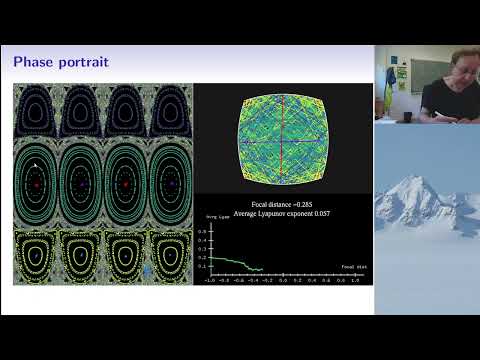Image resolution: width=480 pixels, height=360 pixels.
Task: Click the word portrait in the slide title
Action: (x=80, y=64)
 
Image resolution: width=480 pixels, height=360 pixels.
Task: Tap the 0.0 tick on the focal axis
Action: (x=283, y=281)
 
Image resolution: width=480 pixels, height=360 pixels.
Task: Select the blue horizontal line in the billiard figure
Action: (x=282, y=149)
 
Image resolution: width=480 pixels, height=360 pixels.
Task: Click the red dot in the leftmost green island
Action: (x=37, y=185)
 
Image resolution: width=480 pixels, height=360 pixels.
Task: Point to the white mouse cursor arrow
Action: (x=34, y=163)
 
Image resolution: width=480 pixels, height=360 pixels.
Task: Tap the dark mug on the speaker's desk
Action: (x=408, y=116)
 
